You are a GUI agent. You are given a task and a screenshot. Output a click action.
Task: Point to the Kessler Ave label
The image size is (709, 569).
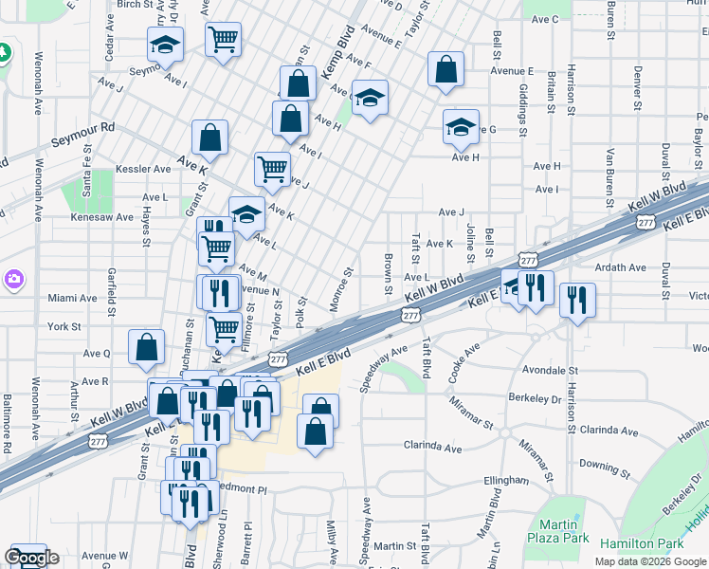click(x=142, y=169)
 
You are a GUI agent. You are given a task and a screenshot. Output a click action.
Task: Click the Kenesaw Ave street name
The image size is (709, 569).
click(x=102, y=217)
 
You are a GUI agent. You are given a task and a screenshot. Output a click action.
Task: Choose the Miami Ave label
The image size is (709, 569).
click(x=72, y=298)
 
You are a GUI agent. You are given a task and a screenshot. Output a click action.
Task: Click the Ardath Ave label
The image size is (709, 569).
click(x=620, y=268)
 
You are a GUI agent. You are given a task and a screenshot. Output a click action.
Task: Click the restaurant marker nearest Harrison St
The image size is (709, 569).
click(x=577, y=301)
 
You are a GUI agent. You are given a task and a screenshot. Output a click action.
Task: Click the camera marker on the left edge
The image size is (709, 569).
click(x=13, y=280)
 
